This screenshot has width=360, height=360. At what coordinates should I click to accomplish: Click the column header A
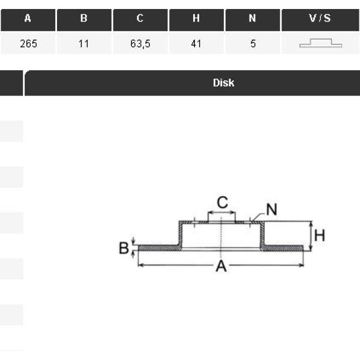coord(28,20)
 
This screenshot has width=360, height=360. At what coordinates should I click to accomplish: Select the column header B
coord(84,20)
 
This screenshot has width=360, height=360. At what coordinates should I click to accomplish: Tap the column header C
coord(140,20)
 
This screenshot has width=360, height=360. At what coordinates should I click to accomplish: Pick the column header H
coord(197,20)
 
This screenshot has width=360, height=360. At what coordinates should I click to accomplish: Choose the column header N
coord(253,20)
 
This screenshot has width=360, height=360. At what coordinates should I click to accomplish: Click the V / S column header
coord(320,20)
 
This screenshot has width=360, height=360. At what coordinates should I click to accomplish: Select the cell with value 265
coord(28,43)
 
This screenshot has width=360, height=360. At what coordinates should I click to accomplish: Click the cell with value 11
coord(84,43)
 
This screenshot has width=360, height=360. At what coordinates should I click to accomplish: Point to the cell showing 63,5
coord(140,43)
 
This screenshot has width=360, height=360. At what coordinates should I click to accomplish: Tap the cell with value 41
coord(197,43)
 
